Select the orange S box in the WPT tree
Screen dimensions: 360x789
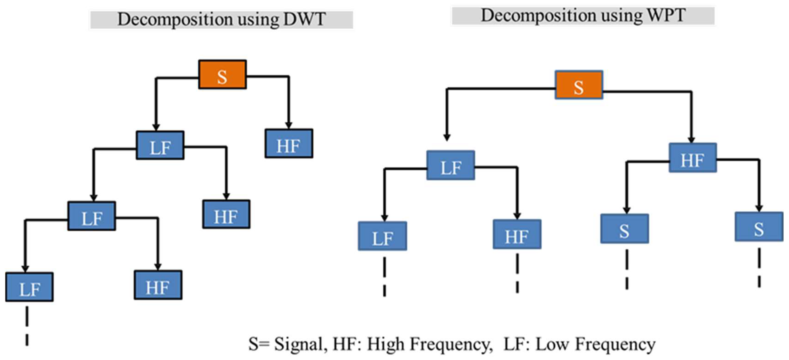579,85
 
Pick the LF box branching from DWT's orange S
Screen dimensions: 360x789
160,145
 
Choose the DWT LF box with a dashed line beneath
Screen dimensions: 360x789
29,287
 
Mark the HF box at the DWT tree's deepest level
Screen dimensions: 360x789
158,285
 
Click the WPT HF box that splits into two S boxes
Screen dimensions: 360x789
693,158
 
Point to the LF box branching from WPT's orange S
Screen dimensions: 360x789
451,165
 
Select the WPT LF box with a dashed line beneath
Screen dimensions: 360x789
383,236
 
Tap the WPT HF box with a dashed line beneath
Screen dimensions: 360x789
517,234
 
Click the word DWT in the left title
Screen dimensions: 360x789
305,19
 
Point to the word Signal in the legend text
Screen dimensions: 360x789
299,344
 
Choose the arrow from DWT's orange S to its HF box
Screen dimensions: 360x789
288,101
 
